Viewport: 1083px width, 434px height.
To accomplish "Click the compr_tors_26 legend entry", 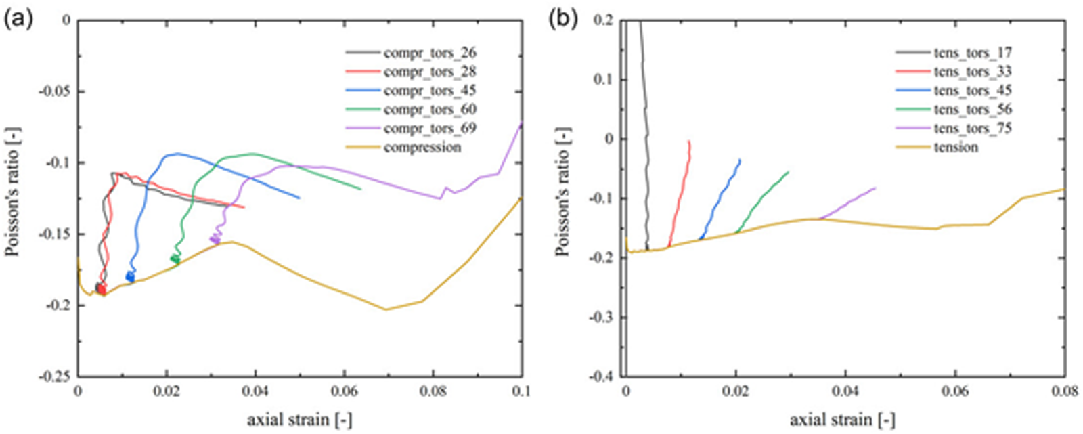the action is pos(411,52).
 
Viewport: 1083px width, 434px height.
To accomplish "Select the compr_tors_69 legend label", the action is pos(411,128).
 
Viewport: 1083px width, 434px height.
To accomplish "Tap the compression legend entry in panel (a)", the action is pos(403,147).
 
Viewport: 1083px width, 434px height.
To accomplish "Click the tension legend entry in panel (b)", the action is pos(937,147).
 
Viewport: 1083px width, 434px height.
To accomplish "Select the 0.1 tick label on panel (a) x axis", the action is pos(521,391).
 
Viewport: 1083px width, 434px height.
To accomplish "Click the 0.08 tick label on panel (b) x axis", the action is pos(1064,391).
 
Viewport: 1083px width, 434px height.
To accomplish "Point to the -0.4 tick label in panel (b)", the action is pos(602,376).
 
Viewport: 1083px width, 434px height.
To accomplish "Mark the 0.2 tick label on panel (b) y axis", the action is pos(604,20).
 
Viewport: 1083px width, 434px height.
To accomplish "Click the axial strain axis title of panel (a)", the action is pos(300,420).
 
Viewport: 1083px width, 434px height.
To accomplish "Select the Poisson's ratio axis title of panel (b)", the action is pos(562,191).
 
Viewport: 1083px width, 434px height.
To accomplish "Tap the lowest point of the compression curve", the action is pos(386,309).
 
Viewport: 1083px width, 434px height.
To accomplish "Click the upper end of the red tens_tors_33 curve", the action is pos(689,141).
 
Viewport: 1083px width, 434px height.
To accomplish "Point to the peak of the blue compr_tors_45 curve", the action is pos(177,154).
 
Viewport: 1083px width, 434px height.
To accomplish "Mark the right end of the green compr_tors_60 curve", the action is pos(361,189).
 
